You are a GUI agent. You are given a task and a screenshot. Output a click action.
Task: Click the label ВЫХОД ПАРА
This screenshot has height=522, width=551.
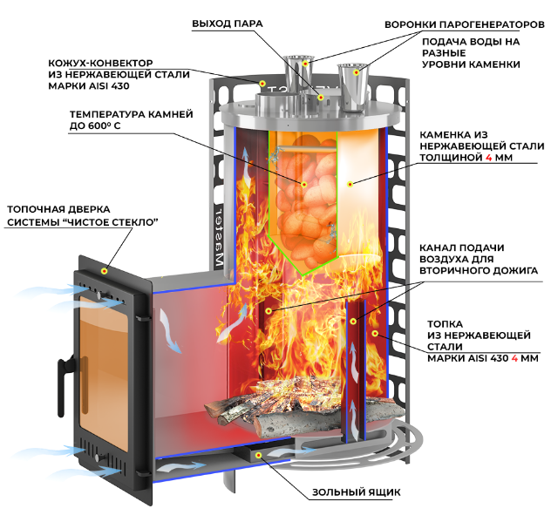pos(228,24)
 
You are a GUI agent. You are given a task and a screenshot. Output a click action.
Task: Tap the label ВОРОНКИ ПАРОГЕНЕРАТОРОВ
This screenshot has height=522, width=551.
pos(465,24)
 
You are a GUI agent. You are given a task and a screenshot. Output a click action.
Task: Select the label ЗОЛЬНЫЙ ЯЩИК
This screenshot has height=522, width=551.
pos(357,492)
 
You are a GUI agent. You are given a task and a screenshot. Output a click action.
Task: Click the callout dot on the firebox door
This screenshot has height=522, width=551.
pos(104,271)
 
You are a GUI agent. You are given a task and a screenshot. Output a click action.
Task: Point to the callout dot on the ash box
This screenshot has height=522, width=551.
pos(258,455)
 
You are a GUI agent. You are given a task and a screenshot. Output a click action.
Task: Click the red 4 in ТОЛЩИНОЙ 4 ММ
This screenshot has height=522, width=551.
pos(489,158)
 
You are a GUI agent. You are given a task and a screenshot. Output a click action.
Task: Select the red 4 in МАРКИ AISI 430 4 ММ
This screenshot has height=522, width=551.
pos(514,359)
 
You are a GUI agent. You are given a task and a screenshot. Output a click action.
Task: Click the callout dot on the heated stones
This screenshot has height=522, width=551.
pos(304,185)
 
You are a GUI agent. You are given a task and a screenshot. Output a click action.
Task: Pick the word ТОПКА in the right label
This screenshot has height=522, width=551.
pos(445,324)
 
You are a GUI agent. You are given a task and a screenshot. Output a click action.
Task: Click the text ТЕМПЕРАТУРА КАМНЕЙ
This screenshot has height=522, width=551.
pos(132,114)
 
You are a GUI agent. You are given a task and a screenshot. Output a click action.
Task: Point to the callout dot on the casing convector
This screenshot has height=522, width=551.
pos(262,84)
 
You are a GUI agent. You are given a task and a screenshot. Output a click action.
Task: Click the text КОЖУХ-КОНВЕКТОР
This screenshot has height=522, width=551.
pos(100,64)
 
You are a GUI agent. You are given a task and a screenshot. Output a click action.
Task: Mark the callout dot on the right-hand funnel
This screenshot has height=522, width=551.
pos(357,72)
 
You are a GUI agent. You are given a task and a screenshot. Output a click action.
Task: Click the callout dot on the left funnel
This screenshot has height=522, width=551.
pos(305,64)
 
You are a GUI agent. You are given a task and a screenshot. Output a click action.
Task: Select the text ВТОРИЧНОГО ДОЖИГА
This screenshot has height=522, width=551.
pos(479,271)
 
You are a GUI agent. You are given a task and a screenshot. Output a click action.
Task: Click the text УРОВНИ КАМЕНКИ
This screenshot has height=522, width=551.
pos(471,64)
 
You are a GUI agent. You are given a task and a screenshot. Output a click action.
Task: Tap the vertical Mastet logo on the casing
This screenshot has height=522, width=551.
pos(219,240)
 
